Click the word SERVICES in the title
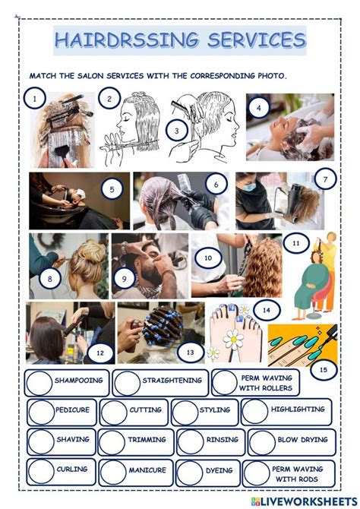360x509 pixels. [257, 40]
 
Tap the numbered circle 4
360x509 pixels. [259, 108]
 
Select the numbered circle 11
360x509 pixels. [296, 243]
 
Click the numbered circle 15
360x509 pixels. [324, 369]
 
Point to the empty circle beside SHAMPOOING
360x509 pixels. [39, 383]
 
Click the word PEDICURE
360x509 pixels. [72, 409]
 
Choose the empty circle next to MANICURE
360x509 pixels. [113, 473]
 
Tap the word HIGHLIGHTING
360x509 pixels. [298, 409]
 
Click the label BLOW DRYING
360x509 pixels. [302, 440]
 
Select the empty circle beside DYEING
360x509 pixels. [190, 473]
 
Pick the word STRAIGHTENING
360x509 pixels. [172, 380]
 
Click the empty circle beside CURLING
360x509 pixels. [41, 472]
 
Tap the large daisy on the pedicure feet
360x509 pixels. [233, 340]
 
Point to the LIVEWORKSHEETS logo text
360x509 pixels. [308, 501]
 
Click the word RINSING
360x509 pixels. [223, 440]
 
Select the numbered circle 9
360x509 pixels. [124, 278]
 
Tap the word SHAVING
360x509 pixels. [73, 439]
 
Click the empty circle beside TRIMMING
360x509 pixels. [112, 442]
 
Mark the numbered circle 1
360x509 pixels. [35, 98]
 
